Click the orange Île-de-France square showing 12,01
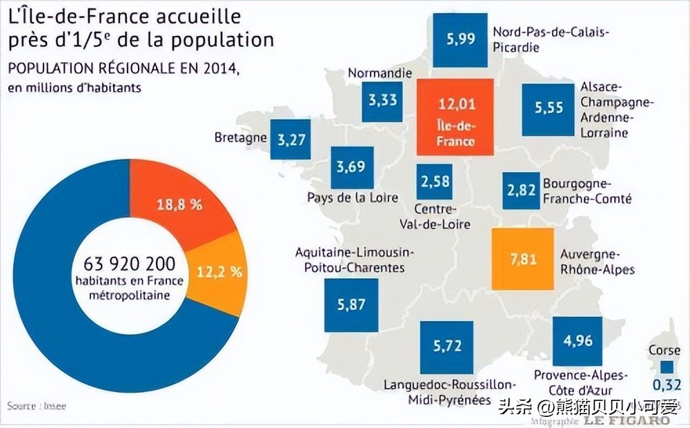coord(455,116)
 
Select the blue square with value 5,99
coord(461,39)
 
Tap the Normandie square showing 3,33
coord(382,101)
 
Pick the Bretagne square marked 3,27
coord(290,139)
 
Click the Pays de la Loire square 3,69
coord(352,167)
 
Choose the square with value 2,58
coord(435,182)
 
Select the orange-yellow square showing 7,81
coord(522,258)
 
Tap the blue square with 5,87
coord(351,304)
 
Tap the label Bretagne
coord(240,137)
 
